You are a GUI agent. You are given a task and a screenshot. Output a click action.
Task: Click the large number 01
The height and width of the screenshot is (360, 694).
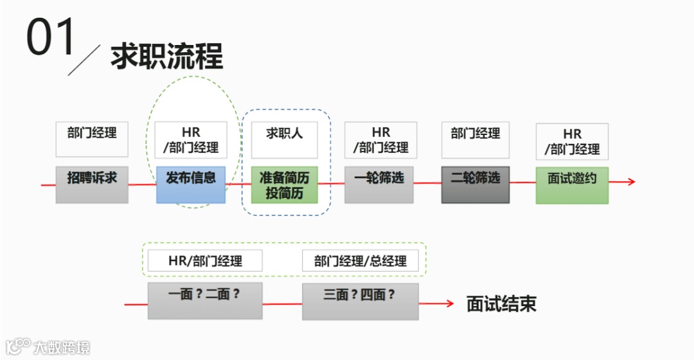coord(51,37)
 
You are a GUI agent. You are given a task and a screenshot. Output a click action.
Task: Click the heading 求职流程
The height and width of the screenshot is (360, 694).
coord(166,57)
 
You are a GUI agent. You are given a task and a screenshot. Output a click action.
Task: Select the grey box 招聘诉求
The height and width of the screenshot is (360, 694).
coord(92,184)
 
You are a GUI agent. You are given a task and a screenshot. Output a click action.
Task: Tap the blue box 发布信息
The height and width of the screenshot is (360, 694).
coord(191,184)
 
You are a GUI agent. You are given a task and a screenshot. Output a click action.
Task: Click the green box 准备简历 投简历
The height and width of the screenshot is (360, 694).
coord(284,184)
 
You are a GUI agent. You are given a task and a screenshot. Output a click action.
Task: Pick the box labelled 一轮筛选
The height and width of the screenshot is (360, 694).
coord(379,184)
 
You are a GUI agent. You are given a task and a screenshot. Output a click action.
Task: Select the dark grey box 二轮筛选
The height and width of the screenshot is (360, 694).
coord(476,184)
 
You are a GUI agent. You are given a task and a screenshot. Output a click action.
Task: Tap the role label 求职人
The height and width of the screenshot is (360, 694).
coord(284,139)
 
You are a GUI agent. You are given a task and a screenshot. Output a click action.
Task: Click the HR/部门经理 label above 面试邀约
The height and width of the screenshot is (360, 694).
coord(572,141)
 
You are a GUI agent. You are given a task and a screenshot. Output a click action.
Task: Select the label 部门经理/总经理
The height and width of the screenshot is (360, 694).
coord(360,261)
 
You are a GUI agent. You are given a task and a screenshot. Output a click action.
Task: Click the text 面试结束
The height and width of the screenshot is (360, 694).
coord(501,304)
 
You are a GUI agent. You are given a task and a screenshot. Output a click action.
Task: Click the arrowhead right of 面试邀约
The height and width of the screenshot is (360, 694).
coord(631,181)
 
